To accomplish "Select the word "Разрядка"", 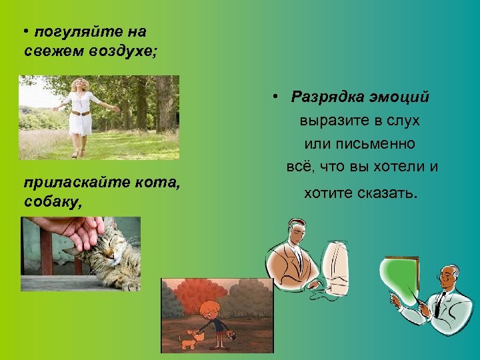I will click(x=326, y=97).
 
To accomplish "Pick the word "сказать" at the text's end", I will click(x=385, y=194).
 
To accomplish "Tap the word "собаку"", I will click(x=53, y=201).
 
